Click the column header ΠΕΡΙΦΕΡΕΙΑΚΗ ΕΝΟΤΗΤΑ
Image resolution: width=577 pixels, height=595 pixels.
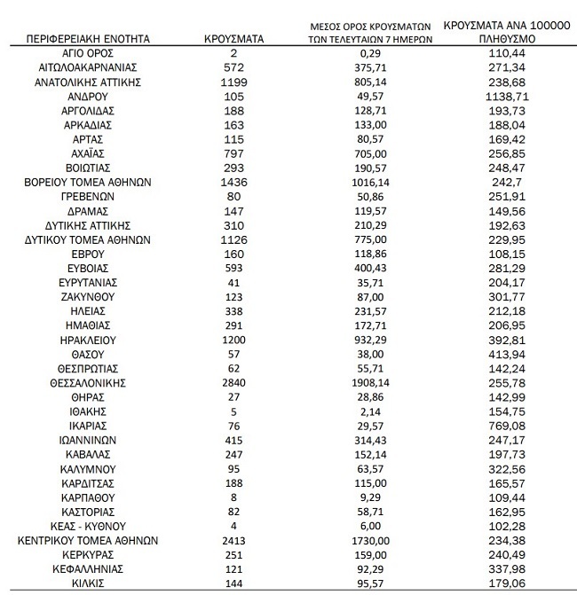87,40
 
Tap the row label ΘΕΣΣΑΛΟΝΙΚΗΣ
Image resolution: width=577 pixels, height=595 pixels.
87,382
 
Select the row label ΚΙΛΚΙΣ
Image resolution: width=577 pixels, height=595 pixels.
87,582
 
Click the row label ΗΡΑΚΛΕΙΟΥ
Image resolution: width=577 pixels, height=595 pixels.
87,340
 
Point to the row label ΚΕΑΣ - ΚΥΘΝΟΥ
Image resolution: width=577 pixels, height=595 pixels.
87,525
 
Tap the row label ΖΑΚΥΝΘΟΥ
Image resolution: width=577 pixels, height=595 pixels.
87,296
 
